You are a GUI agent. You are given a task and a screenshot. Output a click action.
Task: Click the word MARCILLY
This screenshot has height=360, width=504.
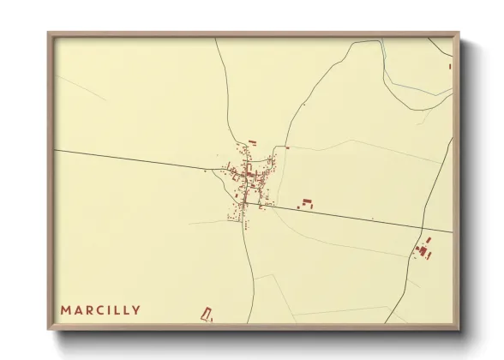(100, 309)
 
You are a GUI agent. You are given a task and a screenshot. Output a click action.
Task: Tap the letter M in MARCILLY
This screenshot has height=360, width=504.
(65, 309)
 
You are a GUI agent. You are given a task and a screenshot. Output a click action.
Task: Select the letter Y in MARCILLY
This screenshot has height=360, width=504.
(136, 309)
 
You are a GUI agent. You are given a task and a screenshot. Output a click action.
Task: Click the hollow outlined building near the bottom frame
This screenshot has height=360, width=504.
(206, 314)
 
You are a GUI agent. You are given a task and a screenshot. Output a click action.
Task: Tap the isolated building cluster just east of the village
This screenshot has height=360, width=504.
(306, 204)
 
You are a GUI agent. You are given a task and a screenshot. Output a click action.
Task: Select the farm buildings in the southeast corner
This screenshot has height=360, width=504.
(423, 249)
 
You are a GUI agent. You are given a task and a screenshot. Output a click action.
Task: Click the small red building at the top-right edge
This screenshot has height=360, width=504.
(449, 65)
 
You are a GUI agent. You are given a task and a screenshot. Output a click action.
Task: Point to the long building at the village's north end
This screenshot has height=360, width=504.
(252, 141)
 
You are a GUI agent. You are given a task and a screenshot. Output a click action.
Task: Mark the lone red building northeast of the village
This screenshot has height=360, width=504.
(288, 147)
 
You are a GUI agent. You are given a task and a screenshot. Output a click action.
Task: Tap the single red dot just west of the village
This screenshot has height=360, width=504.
(206, 171)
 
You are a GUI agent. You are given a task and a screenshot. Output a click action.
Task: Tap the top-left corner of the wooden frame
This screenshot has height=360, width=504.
(48, 33)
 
